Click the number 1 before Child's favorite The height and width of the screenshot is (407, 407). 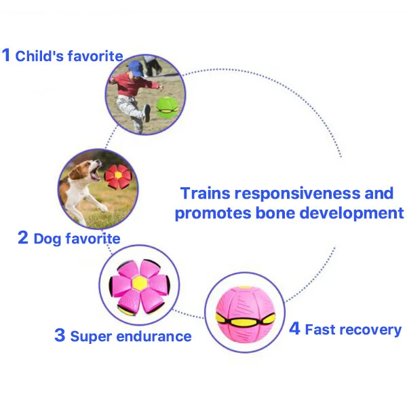[6, 55]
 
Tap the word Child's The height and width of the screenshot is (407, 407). [39, 56]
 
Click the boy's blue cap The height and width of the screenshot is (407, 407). [136, 68]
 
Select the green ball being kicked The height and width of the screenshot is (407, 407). [167, 107]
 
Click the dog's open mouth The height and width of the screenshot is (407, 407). [96, 172]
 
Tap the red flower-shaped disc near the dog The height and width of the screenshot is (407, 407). [117, 176]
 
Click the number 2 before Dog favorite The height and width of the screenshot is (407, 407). [23, 237]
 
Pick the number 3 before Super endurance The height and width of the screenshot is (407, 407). [60, 335]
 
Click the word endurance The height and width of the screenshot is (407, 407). [154, 336]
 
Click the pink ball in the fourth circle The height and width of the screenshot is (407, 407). [245, 315]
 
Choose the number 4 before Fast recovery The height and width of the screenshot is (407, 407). [294, 328]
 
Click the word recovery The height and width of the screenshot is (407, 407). [371, 330]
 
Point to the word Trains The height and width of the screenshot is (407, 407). [206, 193]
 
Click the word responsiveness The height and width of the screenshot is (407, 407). [298, 195]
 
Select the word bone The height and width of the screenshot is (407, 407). [275, 213]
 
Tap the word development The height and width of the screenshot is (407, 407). [351, 214]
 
